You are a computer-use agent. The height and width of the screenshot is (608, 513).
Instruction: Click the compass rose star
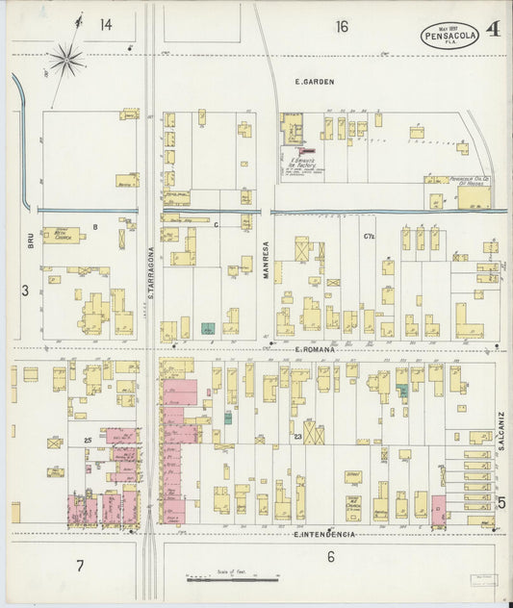(66, 61)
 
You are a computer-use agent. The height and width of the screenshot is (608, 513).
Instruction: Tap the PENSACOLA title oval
(449, 37)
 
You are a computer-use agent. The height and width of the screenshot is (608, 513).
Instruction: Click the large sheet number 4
(492, 30)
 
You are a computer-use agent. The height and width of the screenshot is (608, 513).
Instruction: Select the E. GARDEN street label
(314, 82)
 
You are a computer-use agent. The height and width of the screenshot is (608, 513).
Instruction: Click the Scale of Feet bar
(231, 579)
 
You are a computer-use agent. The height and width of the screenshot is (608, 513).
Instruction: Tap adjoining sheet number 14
(105, 23)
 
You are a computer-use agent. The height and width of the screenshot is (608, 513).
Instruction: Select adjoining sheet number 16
(342, 26)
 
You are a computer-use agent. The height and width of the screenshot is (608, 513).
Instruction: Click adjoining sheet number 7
(81, 565)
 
